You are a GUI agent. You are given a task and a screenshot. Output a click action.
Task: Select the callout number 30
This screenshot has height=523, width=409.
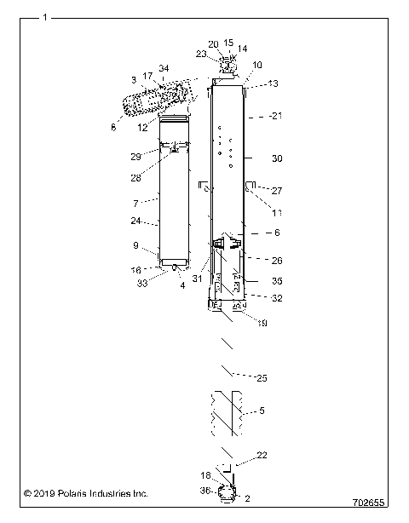coord(276,158)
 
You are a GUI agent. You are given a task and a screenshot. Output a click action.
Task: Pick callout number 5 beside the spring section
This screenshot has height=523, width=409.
coord(262,411)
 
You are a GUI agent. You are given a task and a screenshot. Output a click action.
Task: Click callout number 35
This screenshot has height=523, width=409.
coord(277,280)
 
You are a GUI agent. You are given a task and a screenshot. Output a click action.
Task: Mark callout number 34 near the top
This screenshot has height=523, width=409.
coord(164,68)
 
